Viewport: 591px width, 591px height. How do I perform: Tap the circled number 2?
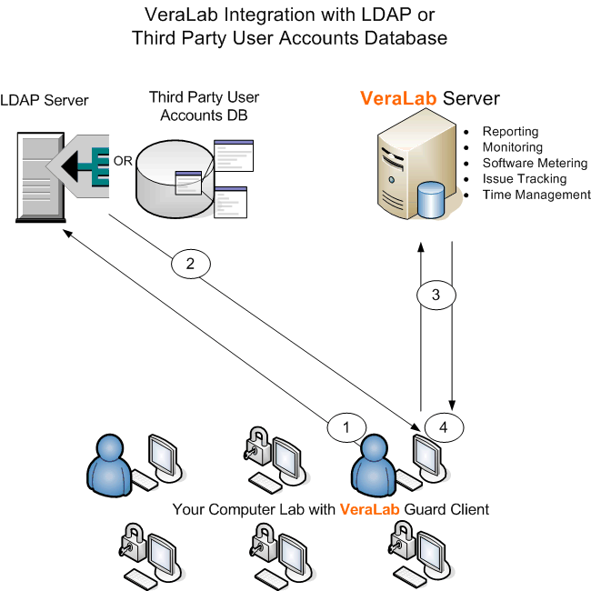point(190,265)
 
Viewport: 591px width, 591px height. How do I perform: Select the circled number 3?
point(436,295)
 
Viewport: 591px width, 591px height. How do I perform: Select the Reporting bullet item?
point(510,132)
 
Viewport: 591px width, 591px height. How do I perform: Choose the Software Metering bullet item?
point(535,163)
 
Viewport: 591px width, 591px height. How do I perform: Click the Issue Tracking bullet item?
point(524,178)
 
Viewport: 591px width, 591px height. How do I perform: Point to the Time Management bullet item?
point(536,195)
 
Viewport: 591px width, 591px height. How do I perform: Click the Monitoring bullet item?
point(512,147)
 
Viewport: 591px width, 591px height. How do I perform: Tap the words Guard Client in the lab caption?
point(446,509)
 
